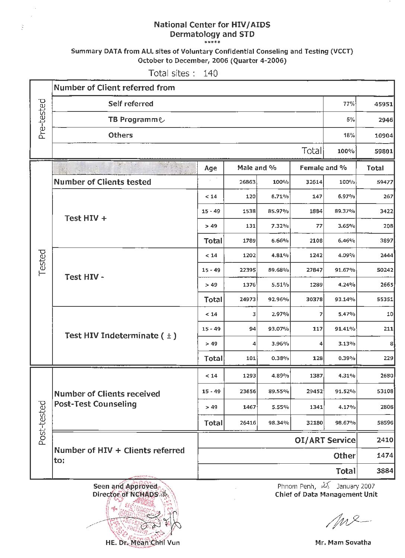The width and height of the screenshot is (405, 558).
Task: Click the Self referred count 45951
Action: tap(383, 104)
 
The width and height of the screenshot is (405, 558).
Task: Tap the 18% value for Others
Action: tap(349, 136)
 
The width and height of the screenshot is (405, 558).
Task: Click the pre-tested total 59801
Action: tap(383, 151)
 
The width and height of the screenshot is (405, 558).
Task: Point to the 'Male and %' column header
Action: tap(257, 168)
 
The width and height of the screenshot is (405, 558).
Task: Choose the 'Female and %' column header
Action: tap(323, 168)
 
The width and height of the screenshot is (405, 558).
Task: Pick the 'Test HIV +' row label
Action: tap(86, 218)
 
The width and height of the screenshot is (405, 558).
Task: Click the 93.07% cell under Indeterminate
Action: tap(278, 329)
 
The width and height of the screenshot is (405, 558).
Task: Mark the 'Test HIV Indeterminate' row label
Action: tap(120, 336)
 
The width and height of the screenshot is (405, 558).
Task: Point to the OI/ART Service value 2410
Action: tap(385, 440)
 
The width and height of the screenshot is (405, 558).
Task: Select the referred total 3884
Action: tap(385, 471)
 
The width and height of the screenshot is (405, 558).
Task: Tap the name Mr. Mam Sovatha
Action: tap(343, 543)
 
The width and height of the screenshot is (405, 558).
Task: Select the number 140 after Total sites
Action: tap(211, 73)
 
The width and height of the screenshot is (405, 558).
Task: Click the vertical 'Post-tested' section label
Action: tap(42, 423)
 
